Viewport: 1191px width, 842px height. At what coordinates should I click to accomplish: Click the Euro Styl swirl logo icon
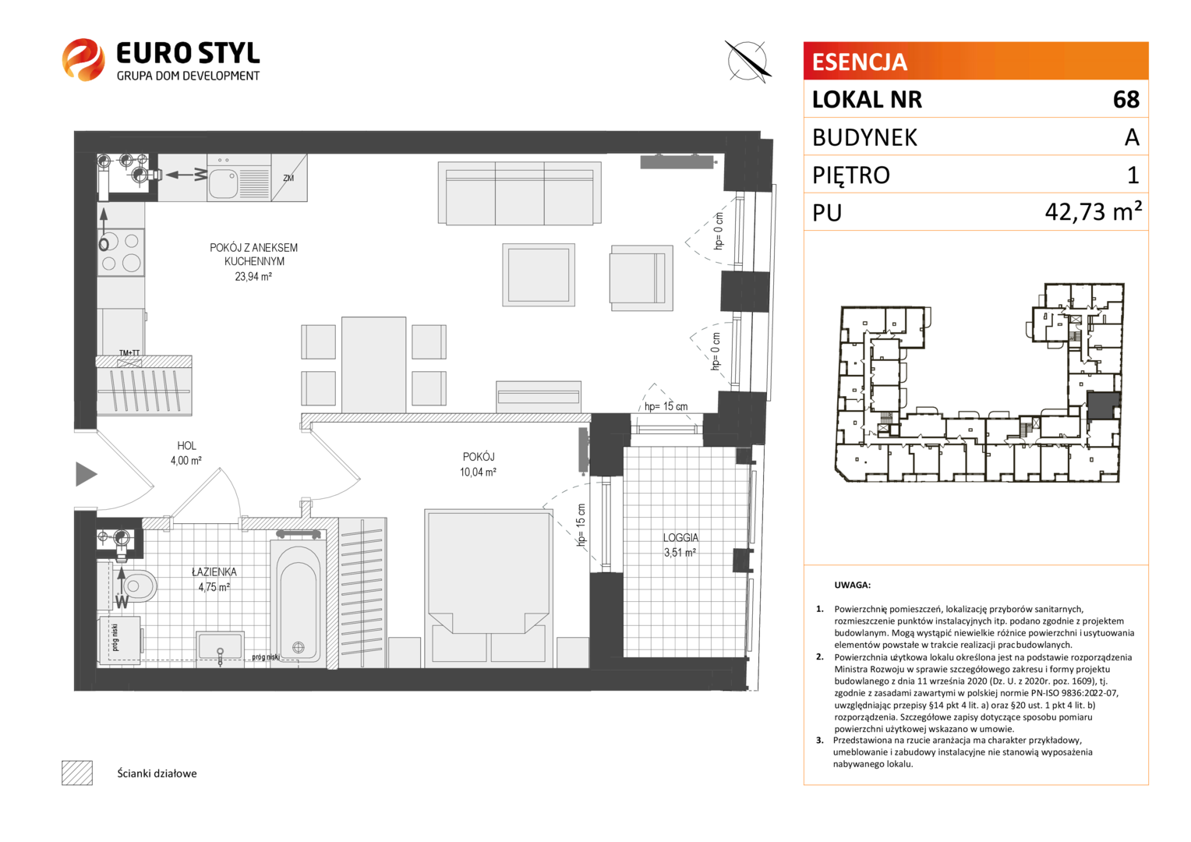83,59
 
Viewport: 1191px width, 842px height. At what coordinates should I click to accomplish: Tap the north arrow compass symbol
747,61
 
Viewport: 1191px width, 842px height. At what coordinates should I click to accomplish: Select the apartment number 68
1126,100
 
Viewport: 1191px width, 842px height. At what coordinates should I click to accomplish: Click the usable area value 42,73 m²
1093,212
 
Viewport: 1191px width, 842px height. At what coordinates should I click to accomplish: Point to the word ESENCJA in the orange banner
860,62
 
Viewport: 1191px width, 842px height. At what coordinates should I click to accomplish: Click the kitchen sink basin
223,183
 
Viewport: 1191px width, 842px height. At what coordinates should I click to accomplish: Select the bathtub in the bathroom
299,603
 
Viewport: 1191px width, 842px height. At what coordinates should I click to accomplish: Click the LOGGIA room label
680,538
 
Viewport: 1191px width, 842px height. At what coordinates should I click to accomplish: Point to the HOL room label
186,446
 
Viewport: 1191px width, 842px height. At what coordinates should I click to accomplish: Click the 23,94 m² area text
253,277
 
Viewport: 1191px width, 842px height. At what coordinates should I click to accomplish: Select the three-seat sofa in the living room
519,193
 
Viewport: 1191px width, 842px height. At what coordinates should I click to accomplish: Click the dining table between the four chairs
374,364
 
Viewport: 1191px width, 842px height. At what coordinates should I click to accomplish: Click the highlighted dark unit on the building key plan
1104,406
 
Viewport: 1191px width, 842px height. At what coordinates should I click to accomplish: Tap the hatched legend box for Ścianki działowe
77,773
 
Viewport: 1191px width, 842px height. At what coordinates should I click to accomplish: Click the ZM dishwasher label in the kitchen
288,179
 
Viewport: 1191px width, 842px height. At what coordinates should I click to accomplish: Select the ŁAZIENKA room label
214,571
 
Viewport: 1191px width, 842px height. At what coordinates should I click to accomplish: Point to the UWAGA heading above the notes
852,585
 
